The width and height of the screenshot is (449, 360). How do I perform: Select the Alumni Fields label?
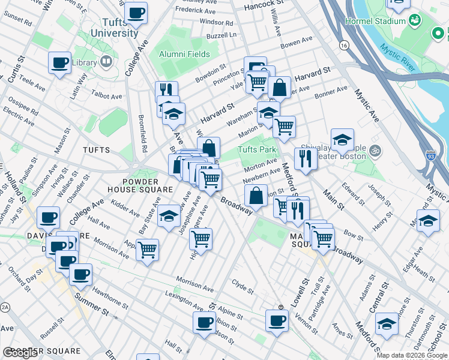[x=184, y=54]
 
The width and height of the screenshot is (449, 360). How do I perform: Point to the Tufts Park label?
[x=257, y=149]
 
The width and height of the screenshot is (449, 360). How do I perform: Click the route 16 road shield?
[x=343, y=45]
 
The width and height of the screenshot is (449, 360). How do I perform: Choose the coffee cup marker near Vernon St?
[x=277, y=320]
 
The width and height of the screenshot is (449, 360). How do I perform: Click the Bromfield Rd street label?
[x=142, y=132]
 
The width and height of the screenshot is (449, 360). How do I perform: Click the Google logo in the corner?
[x=20, y=353]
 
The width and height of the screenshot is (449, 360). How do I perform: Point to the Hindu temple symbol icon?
[x=376, y=149]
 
